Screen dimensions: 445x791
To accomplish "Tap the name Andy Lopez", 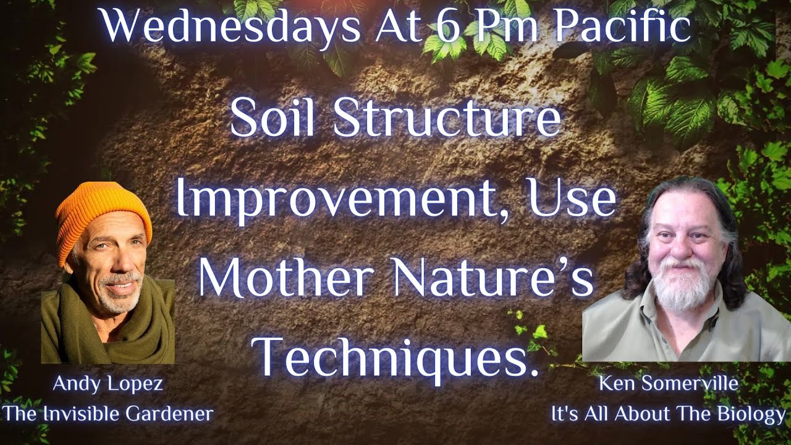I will pyautogui.click(x=108, y=384).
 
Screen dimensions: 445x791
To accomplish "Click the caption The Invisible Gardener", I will pyautogui.click(x=108, y=413).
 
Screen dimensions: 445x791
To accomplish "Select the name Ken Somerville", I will pyautogui.click(x=668, y=384).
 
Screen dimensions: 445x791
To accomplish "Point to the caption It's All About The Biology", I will pyautogui.click(x=668, y=413).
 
